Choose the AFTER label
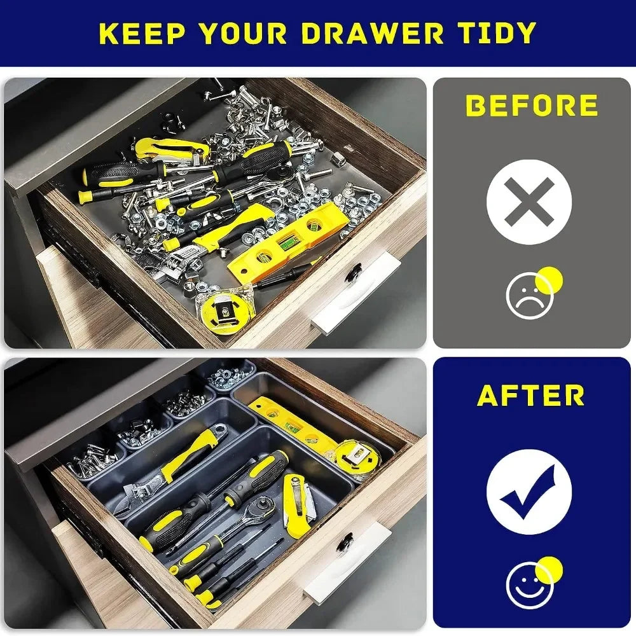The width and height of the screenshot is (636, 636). pos(531,396)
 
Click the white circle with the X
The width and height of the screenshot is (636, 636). pos(529,202)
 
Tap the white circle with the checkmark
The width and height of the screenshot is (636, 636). pos(529,492)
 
